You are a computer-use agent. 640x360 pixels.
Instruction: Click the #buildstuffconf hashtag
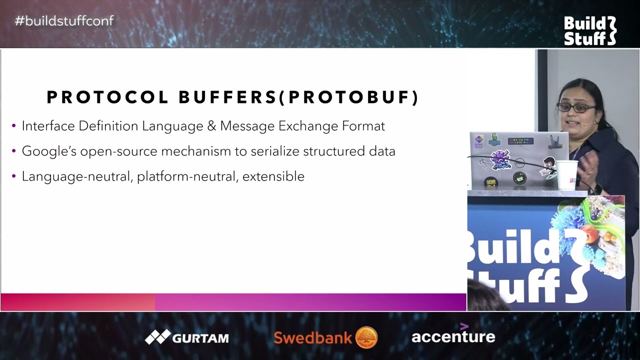(64, 21)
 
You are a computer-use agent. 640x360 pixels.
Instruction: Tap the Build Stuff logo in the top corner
(590, 31)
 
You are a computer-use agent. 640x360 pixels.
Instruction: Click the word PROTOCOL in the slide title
(107, 97)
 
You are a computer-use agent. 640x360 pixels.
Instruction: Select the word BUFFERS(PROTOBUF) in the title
(299, 97)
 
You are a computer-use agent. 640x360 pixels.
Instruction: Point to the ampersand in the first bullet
(211, 126)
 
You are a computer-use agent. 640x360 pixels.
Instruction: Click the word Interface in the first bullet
(48, 126)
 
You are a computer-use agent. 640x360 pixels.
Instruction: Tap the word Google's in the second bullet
(49, 151)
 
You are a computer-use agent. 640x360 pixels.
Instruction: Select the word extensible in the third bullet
(273, 176)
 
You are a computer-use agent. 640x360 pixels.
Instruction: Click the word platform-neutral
(187, 176)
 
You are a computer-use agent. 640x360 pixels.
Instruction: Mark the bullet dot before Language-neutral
(13, 176)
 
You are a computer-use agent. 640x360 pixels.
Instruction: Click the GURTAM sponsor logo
(187, 337)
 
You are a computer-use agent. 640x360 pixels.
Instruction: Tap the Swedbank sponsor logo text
(313, 337)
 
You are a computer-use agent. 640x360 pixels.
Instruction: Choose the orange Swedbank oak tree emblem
(366, 337)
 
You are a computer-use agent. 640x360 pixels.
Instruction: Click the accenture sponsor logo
(453, 334)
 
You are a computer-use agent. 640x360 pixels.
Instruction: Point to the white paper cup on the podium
(566, 175)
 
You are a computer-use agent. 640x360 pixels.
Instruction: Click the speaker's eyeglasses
(576, 107)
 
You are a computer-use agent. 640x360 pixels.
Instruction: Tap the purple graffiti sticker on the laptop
(500, 160)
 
